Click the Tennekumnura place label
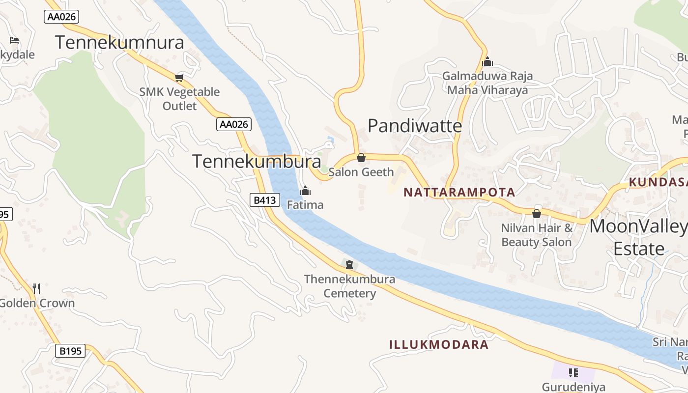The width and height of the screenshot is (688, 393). coord(119,43)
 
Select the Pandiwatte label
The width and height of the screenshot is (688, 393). coord(415,126)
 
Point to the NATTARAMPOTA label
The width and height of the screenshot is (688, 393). coord(459,192)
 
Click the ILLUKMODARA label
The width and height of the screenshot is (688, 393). coord(439,344)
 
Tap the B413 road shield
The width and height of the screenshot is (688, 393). coord(264,200)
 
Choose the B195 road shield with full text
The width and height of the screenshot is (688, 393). coord(70,351)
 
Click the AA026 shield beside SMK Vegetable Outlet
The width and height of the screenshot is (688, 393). coord(233,124)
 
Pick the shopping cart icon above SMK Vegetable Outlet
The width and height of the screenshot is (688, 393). coord(179,78)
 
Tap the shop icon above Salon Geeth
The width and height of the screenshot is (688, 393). coord(361,158)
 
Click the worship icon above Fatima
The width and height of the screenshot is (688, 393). coord(305,191)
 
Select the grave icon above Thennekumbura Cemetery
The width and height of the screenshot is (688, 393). coord(349,265)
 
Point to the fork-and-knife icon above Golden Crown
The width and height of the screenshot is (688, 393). coord(36,288)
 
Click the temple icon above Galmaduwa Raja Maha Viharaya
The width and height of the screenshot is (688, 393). coord(487,62)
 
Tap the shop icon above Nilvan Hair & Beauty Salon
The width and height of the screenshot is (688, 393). coord(536,214)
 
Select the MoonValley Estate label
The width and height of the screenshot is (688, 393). coord(638,237)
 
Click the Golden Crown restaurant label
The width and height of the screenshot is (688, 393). coord(37,303)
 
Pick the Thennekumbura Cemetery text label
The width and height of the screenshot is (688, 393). coord(349,286)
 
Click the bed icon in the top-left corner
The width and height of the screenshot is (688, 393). coord(14,40)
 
